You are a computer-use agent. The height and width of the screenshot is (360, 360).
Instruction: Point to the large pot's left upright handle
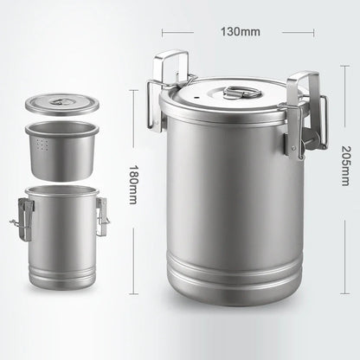point(171,69)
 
